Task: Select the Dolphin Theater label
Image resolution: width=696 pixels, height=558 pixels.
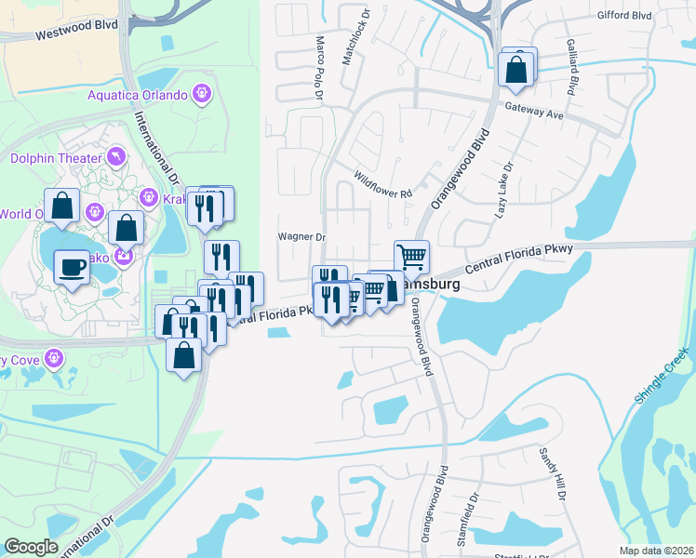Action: pyautogui.click(x=56, y=158)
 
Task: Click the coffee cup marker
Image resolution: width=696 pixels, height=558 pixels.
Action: pyautogui.click(x=73, y=269)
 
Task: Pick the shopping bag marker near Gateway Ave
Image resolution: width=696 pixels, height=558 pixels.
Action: pyautogui.click(x=516, y=69)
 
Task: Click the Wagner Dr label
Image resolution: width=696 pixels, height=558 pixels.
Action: pyautogui.click(x=301, y=237)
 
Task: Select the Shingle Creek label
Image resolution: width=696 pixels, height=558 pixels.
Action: pyautogui.click(x=662, y=374)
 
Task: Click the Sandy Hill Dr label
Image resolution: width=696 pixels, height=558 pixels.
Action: pyautogui.click(x=551, y=473)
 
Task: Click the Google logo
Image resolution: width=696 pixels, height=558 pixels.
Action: pyautogui.click(x=32, y=547)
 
